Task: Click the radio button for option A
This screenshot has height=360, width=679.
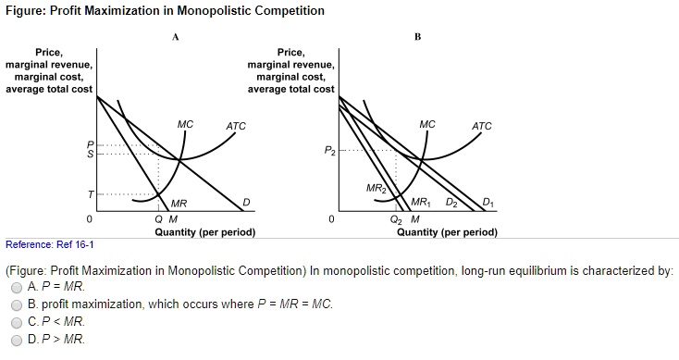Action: tap(17, 288)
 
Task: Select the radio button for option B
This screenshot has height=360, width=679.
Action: tap(17, 304)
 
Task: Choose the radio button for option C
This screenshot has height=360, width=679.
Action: tap(17, 321)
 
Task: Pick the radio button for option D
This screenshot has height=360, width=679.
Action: tap(17, 339)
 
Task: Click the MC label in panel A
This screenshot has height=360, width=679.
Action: tap(185, 124)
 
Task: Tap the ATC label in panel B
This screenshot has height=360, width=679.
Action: tap(482, 125)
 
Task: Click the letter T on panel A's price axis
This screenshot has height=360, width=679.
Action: tap(91, 195)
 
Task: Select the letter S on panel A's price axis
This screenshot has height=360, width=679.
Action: tap(90, 154)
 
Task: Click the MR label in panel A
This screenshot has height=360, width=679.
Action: tap(179, 203)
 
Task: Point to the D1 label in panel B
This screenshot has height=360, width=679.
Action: tap(488, 204)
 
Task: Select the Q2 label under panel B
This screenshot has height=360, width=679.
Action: tap(396, 219)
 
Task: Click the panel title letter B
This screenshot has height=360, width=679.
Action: tap(417, 37)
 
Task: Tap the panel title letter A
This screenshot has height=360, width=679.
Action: tap(175, 37)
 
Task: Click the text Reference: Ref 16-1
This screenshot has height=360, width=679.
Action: tap(49, 244)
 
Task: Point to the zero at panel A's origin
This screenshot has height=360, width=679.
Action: tap(89, 219)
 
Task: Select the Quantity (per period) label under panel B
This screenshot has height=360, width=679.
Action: tap(447, 232)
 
